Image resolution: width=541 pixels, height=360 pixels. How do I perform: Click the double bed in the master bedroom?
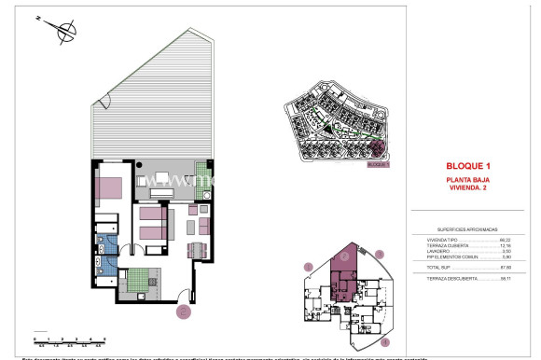[x=111, y=186]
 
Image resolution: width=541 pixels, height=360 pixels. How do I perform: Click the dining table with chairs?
[x=197, y=249]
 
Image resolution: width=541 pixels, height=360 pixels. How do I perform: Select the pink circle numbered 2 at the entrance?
[x=184, y=312]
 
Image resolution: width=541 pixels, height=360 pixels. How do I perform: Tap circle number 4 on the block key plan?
[x=383, y=342]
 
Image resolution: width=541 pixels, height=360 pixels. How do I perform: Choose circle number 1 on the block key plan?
[x=307, y=267]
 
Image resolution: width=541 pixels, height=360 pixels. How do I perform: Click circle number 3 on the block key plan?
[x=379, y=253]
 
